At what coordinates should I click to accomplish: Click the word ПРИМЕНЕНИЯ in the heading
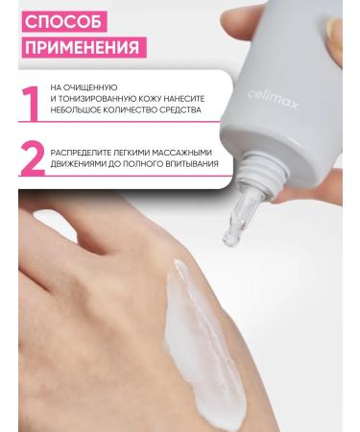point(81,46)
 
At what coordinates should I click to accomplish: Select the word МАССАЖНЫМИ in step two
point(180,151)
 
